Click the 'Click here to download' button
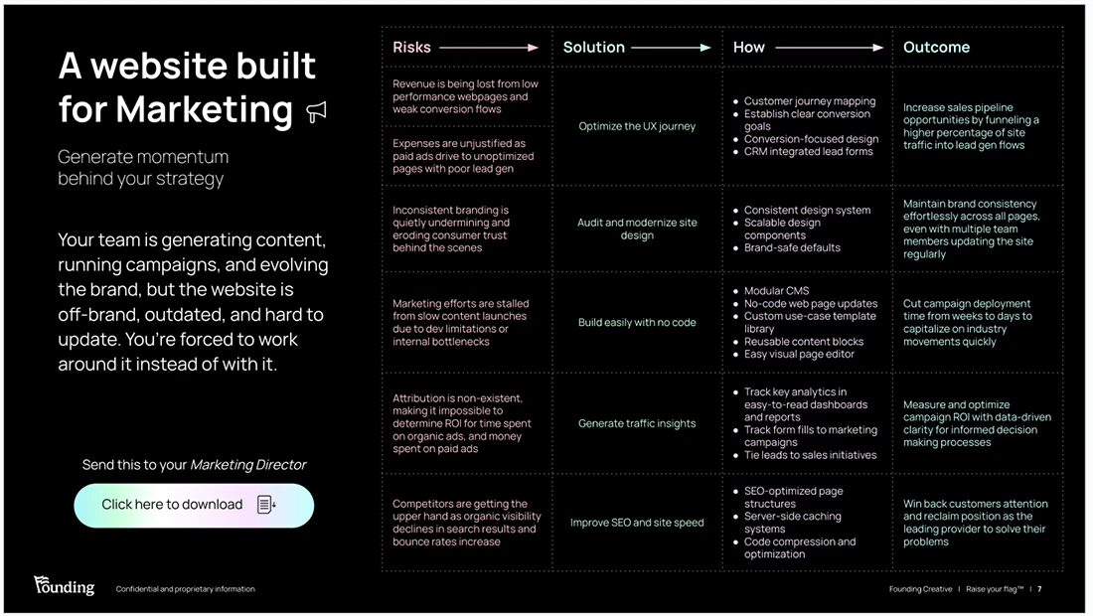193,505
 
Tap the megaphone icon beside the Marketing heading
316,111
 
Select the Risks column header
411,47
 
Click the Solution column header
593,47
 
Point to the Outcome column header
936,47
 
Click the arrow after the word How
829,47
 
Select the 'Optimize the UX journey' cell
637,126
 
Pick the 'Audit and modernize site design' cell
637,229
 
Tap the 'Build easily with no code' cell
637,322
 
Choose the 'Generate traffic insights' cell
637,423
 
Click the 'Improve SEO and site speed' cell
637,523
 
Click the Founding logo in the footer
64,586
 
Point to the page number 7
1039,589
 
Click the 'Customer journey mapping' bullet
809,101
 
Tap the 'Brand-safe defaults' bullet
792,247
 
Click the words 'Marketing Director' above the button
247,465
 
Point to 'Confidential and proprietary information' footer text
185,589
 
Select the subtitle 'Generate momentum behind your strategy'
142,168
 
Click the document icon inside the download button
266,505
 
